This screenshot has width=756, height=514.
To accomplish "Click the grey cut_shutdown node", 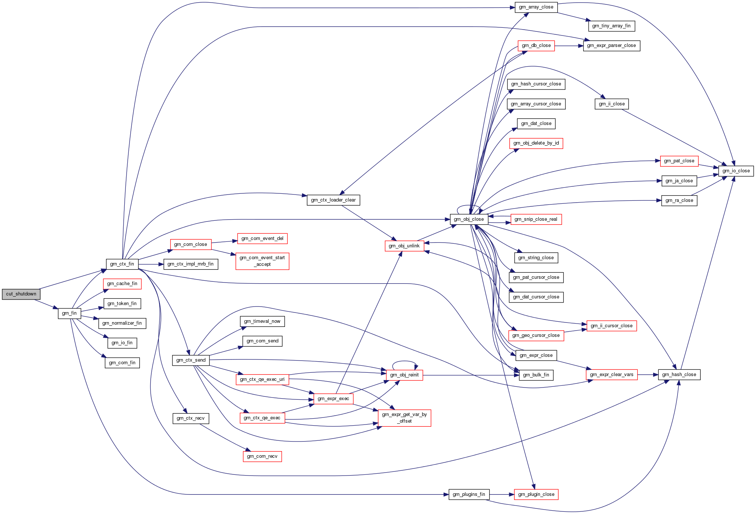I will (21, 294).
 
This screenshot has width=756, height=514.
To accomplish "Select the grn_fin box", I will (69, 313).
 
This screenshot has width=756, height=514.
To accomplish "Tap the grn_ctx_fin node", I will (122, 264).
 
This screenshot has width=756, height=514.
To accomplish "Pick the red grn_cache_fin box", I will (122, 284).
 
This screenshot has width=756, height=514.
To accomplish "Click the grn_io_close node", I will (736, 171).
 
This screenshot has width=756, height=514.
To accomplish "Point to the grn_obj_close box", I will (469, 219).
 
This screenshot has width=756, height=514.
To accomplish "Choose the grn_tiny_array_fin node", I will (611, 26).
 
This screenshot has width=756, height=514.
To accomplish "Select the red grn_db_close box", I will (536, 45).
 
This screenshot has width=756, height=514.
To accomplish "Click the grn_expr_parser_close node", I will (611, 45).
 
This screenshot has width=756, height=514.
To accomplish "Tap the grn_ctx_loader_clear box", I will (333, 200).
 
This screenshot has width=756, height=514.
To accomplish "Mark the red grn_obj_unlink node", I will (404, 246).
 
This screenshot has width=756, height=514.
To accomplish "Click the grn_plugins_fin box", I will (469, 494).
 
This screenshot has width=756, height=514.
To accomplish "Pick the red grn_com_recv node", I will (262, 456).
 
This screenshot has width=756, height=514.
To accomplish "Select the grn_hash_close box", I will (679, 375).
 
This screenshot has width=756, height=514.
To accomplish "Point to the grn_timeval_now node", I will (262, 321).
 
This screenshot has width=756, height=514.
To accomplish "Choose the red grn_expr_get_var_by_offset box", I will (404, 418).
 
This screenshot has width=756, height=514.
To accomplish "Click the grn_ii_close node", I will (611, 104).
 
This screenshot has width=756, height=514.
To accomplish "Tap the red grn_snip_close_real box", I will (536, 219).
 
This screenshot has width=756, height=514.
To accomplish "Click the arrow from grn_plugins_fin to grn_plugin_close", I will (502, 494).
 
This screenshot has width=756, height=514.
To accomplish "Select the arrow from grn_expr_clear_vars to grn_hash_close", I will (648, 375).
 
